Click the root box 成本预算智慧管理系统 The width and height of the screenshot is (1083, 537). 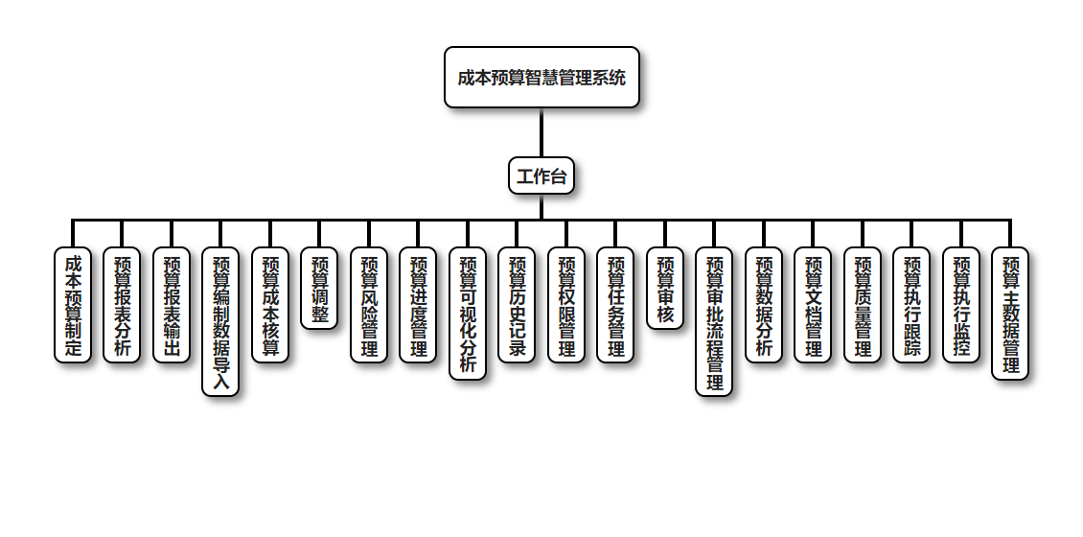541,77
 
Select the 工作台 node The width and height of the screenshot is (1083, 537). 541,175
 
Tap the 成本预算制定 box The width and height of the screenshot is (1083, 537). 73,305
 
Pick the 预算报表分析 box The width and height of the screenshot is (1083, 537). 122,305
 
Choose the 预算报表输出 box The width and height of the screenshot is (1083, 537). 172,305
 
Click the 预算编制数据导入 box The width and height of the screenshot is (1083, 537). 220,322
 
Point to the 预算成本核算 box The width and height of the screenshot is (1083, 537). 270,305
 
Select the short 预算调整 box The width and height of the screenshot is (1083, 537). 319,289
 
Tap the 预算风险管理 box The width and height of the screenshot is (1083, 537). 369,305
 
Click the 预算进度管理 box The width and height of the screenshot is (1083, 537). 418,305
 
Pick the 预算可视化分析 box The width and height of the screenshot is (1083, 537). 468,314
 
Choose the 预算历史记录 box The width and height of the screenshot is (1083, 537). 517,305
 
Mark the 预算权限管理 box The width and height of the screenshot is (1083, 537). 566,305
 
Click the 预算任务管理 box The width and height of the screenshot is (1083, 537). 615,305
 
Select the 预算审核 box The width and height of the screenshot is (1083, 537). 665,289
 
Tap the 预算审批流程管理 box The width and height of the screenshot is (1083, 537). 714,322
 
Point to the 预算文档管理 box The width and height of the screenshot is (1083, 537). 813,305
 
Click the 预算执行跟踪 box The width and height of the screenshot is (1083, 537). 911,305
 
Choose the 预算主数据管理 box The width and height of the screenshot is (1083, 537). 1010,314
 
